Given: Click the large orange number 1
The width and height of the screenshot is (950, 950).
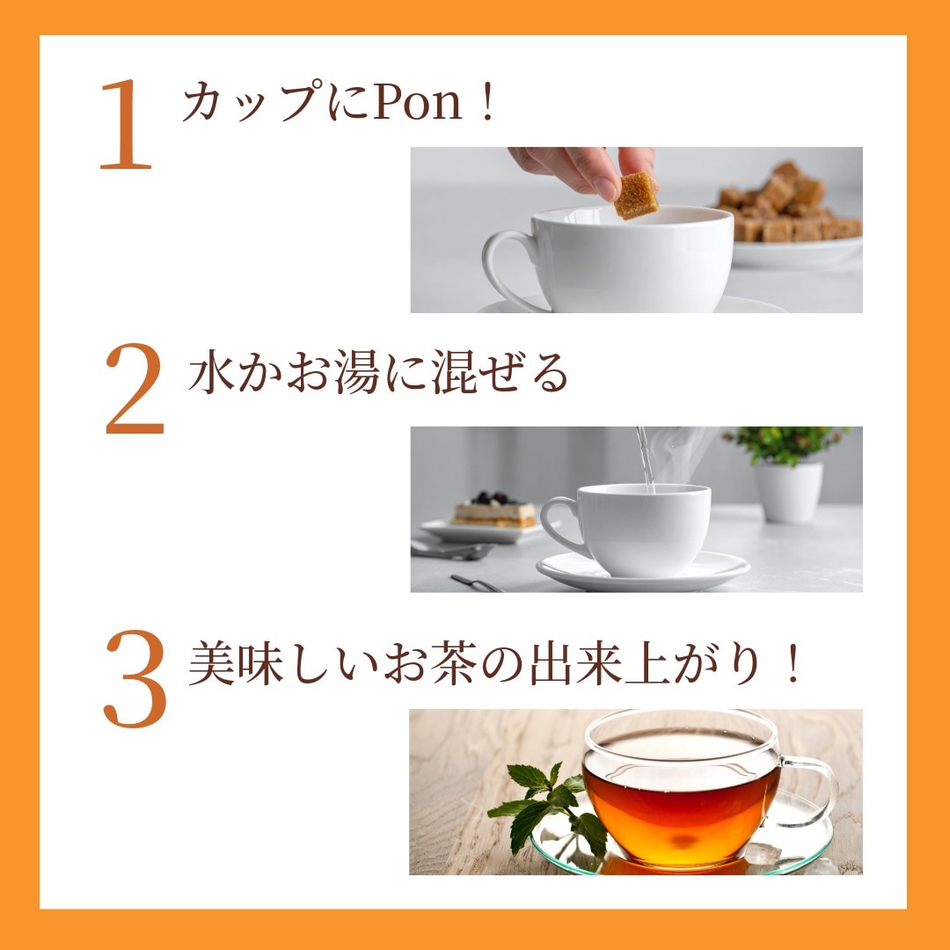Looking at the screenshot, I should point(126,125).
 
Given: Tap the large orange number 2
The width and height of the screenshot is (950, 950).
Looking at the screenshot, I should point(135,389).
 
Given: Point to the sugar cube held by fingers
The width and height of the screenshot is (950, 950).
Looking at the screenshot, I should point(636,195).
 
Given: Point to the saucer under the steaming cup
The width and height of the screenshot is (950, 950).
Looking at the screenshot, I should point(643,573).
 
